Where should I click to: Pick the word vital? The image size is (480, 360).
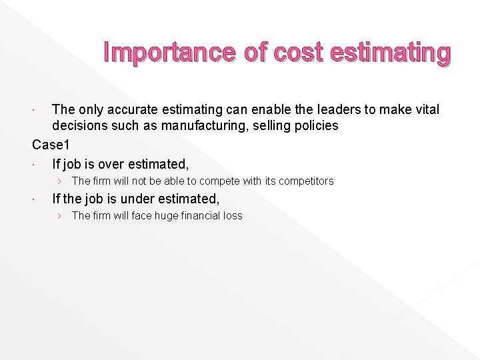tap(424, 109)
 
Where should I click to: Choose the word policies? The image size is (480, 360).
tap(315, 126)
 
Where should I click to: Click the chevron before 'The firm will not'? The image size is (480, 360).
tap(60, 181)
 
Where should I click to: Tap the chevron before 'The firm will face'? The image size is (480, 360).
tap(60, 215)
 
